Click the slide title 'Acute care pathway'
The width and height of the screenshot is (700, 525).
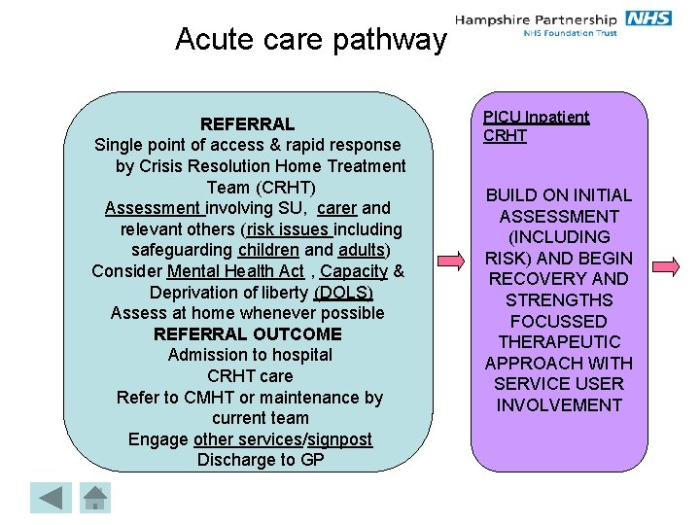(x=310, y=39)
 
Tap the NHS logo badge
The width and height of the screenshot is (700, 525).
(x=648, y=18)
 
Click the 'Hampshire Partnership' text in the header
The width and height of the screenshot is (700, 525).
(x=537, y=18)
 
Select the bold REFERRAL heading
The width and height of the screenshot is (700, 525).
(x=247, y=124)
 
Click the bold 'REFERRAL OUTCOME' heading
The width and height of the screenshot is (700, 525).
(x=248, y=334)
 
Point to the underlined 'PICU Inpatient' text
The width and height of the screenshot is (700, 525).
(x=536, y=117)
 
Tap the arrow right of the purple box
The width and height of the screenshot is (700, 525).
(x=665, y=265)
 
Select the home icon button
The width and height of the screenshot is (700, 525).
(x=94, y=498)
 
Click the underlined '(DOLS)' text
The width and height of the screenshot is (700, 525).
(x=342, y=293)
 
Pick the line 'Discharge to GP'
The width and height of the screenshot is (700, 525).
(x=261, y=460)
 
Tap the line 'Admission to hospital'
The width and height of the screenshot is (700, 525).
(x=250, y=355)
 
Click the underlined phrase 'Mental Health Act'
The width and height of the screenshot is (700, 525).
(x=235, y=271)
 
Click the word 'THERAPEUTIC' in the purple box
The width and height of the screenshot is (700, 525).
(x=559, y=342)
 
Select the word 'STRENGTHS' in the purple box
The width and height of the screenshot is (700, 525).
(x=559, y=299)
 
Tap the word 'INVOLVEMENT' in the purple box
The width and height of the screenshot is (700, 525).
(x=559, y=405)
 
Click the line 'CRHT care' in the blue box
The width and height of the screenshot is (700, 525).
(x=250, y=376)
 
